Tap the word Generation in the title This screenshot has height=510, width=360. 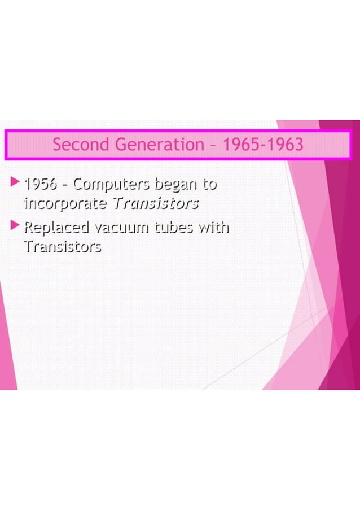click(x=159, y=145)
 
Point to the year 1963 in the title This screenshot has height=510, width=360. click(x=285, y=145)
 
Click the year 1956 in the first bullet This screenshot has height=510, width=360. click(x=39, y=184)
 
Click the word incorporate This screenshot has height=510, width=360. click(x=65, y=203)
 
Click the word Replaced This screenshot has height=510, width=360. click(x=56, y=228)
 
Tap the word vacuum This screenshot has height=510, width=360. click(x=122, y=228)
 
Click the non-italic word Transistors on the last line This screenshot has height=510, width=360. click(x=63, y=247)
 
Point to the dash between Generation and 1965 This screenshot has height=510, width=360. click(x=212, y=145)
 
